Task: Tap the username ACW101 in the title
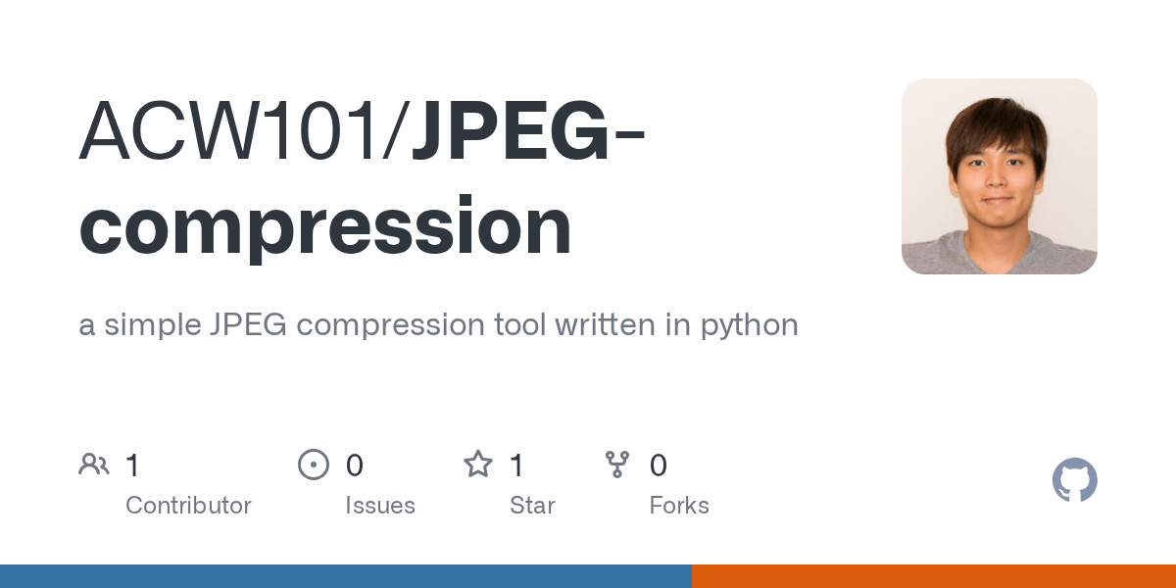235,132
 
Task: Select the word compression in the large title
325,227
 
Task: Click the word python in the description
750,324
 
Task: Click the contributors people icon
94,465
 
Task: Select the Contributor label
188,506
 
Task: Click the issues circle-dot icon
313,465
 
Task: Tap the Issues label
380,506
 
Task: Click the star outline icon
477,465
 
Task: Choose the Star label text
532,506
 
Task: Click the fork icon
617,465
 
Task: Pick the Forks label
679,506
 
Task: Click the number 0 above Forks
659,465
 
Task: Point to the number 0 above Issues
355,465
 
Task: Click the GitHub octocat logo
1074,481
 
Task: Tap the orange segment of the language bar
933,576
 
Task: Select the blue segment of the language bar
345,576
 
